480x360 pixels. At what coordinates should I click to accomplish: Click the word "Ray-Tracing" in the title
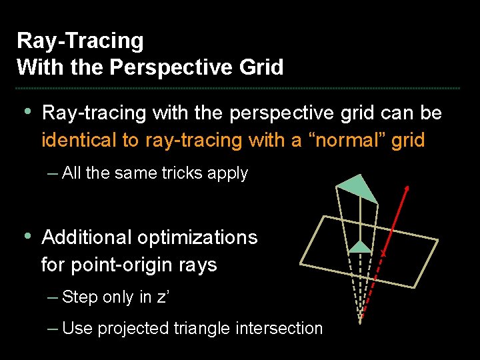click(x=80, y=41)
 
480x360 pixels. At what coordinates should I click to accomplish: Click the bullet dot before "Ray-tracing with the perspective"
click(x=27, y=111)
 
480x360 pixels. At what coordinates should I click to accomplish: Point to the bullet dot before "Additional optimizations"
click(x=27, y=236)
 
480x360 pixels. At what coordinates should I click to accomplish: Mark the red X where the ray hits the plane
click(x=383, y=255)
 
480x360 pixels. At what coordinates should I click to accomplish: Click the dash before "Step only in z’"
click(x=53, y=297)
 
